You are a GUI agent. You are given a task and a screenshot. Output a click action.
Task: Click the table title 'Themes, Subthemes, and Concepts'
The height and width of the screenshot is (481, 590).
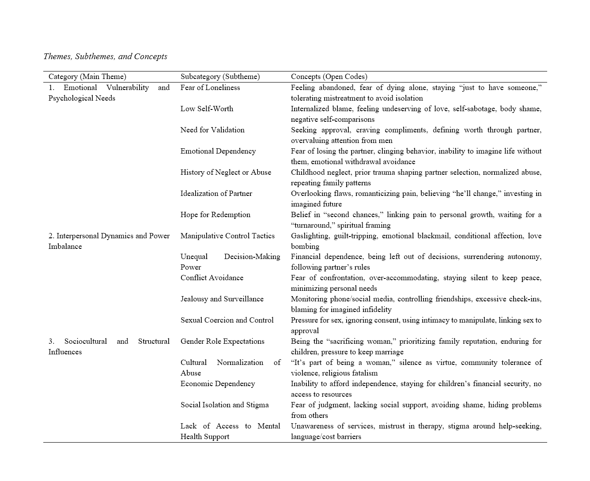click(105, 56)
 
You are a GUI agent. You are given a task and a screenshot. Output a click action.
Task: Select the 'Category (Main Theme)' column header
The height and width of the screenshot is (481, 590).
click(87, 77)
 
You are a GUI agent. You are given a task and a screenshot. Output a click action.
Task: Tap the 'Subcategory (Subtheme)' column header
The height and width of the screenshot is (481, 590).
click(220, 77)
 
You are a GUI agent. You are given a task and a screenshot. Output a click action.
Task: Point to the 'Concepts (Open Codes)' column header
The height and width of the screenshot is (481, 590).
click(329, 77)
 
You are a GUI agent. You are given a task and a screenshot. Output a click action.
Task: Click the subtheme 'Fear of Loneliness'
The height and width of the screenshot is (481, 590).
click(210, 87)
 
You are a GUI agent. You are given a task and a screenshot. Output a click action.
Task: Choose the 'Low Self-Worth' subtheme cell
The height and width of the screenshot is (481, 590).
click(207, 109)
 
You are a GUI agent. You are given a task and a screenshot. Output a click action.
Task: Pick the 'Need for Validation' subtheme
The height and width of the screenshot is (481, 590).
click(212, 130)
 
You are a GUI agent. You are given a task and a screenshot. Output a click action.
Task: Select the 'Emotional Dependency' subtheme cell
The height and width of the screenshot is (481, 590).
click(218, 151)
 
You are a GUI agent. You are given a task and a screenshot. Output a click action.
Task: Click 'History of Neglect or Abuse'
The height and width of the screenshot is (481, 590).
click(226, 172)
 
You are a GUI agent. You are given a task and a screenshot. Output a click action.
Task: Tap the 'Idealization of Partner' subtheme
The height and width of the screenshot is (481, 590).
click(216, 193)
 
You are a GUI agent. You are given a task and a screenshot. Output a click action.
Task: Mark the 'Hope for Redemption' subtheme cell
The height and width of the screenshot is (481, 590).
click(215, 214)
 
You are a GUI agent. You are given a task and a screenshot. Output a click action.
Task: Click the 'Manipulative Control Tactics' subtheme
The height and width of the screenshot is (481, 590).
click(227, 236)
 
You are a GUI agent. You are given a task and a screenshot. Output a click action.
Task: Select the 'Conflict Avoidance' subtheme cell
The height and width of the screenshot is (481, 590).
click(212, 278)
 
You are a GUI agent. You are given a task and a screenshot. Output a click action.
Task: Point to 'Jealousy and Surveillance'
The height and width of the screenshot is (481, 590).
click(222, 299)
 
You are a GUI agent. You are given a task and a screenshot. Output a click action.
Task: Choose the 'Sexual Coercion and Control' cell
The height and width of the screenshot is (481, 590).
click(227, 320)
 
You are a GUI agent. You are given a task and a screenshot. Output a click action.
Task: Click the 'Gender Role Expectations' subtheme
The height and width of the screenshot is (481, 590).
click(222, 341)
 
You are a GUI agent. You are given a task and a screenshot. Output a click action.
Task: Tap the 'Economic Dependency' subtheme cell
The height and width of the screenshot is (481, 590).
click(218, 383)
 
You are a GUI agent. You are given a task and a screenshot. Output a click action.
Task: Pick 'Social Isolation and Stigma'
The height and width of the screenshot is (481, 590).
click(224, 405)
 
